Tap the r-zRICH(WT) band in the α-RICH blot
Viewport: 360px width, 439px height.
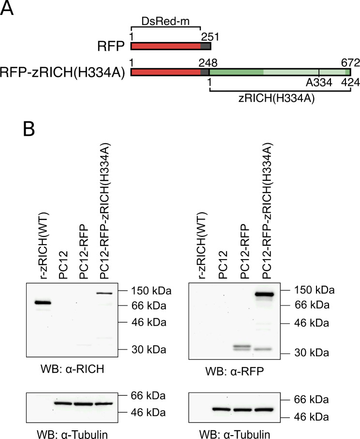point(43,303)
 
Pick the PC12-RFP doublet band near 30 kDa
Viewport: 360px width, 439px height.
point(243,348)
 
